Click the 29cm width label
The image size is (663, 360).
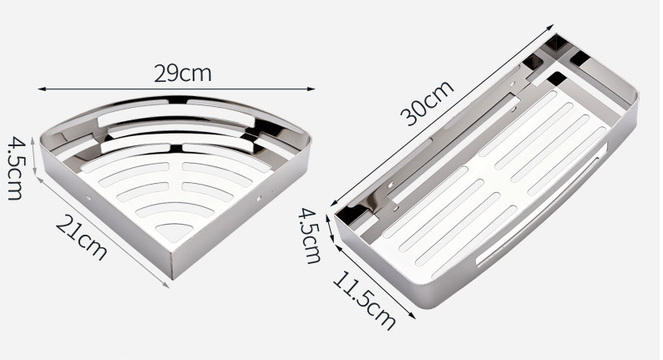coord(183,73)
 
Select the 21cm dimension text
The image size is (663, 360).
coord(82,236)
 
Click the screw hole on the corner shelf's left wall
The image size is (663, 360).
coord(89,198)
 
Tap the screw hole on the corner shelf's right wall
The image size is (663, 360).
coord(261,199)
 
